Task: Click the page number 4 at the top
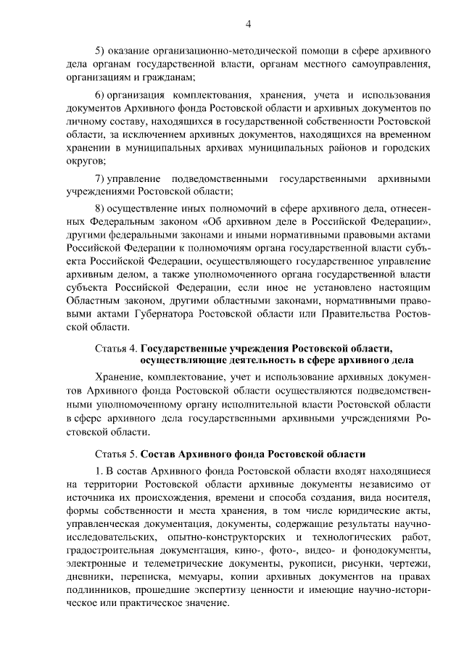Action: [x=248, y=24]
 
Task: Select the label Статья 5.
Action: [x=116, y=454]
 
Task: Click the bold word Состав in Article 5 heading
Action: [x=158, y=454]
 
